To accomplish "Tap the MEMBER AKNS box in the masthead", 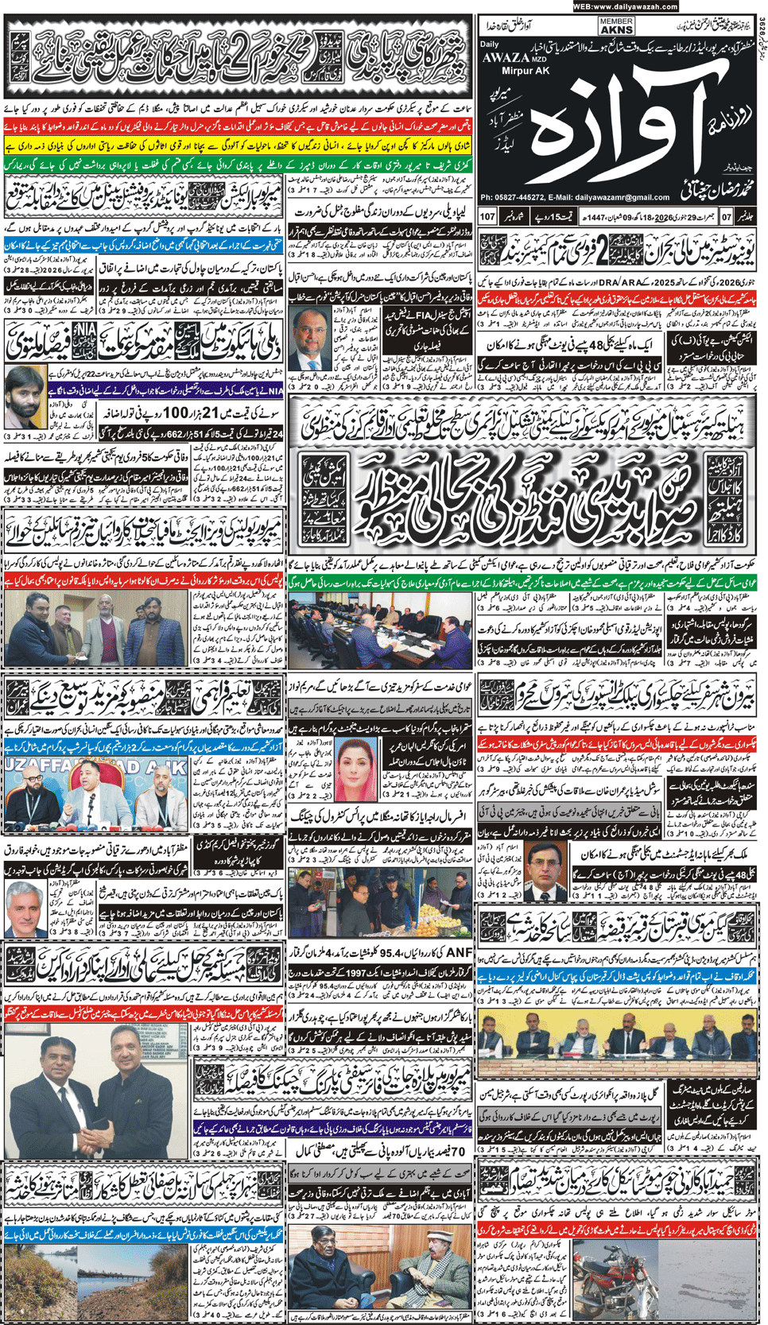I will [617, 25].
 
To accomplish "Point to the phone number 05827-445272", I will [525, 197].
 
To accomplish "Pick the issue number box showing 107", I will [487, 216].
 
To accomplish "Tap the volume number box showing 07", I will [726, 216].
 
